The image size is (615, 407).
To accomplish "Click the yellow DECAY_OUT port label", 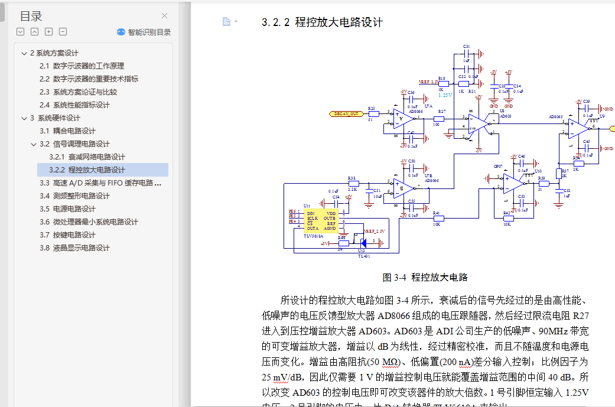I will pos(346,113).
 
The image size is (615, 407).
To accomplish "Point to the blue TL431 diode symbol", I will pos(363,242).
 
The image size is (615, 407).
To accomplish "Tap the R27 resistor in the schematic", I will pos(438,119).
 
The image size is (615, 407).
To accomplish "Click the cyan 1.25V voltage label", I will pos(445,95).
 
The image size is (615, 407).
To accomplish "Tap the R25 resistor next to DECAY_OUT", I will pos(373,113).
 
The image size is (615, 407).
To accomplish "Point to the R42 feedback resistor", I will pos(507,218).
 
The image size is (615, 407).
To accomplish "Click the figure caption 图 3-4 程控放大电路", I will pos(425,277).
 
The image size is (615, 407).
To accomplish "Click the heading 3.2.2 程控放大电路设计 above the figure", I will pos(322,22).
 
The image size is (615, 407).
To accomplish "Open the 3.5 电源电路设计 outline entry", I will pos(74,209).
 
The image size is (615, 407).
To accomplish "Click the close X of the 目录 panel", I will pos(165,16).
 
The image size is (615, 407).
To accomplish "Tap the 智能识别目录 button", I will pos(144,32).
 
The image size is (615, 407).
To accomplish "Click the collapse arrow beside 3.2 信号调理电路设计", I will pos(34,144).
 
